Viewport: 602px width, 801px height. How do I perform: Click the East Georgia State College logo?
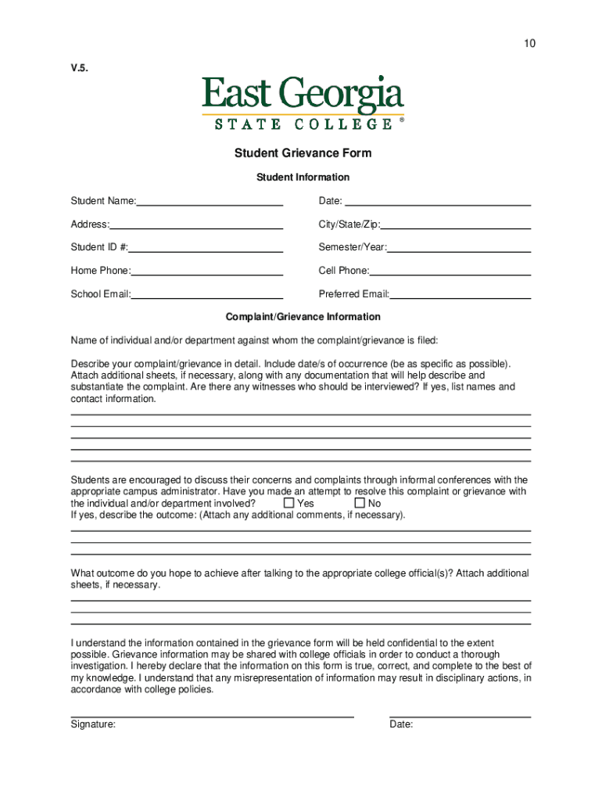click(x=303, y=102)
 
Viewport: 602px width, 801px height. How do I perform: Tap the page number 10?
click(x=530, y=44)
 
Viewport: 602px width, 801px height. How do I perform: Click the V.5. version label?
click(x=80, y=67)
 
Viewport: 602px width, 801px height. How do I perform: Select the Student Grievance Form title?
click(x=303, y=153)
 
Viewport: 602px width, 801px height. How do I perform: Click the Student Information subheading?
click(x=303, y=178)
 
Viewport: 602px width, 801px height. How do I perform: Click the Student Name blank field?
click(x=209, y=201)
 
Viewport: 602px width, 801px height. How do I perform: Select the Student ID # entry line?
click(x=205, y=247)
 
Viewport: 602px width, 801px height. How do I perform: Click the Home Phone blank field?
click(x=206, y=271)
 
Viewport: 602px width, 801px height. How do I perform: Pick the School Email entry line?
click(x=206, y=294)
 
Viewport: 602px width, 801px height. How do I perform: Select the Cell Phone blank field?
click(x=450, y=271)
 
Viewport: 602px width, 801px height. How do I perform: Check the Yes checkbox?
click(x=289, y=503)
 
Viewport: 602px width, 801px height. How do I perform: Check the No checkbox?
click(x=360, y=503)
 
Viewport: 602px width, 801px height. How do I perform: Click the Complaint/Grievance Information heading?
click(x=303, y=317)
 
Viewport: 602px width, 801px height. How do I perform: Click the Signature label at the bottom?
click(x=93, y=724)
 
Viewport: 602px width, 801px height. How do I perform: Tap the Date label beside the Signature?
click(x=401, y=724)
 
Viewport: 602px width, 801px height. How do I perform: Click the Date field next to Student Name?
click(x=438, y=201)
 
